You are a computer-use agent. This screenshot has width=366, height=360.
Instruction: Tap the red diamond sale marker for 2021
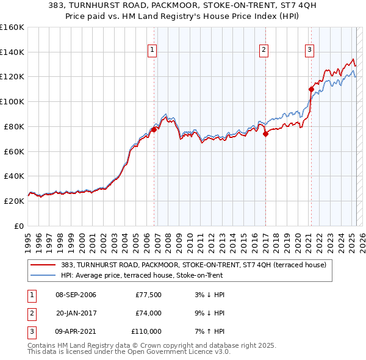311,89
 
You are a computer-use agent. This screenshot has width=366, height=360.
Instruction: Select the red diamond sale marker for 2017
265,134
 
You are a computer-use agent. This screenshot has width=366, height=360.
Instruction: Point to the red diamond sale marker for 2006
154,129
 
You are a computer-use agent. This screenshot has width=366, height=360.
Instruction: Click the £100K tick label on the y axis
12,101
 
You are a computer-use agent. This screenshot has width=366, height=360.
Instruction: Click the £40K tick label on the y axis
14,176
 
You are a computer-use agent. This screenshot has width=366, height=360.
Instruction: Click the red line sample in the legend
43,265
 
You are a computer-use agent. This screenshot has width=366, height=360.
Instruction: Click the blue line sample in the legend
43,275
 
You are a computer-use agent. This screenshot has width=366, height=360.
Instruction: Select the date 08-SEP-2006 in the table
76,295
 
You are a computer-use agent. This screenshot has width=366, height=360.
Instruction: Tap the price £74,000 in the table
148,314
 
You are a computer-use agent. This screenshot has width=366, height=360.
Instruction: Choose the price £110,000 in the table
146,332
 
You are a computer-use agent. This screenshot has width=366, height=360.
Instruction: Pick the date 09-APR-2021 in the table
76,332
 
